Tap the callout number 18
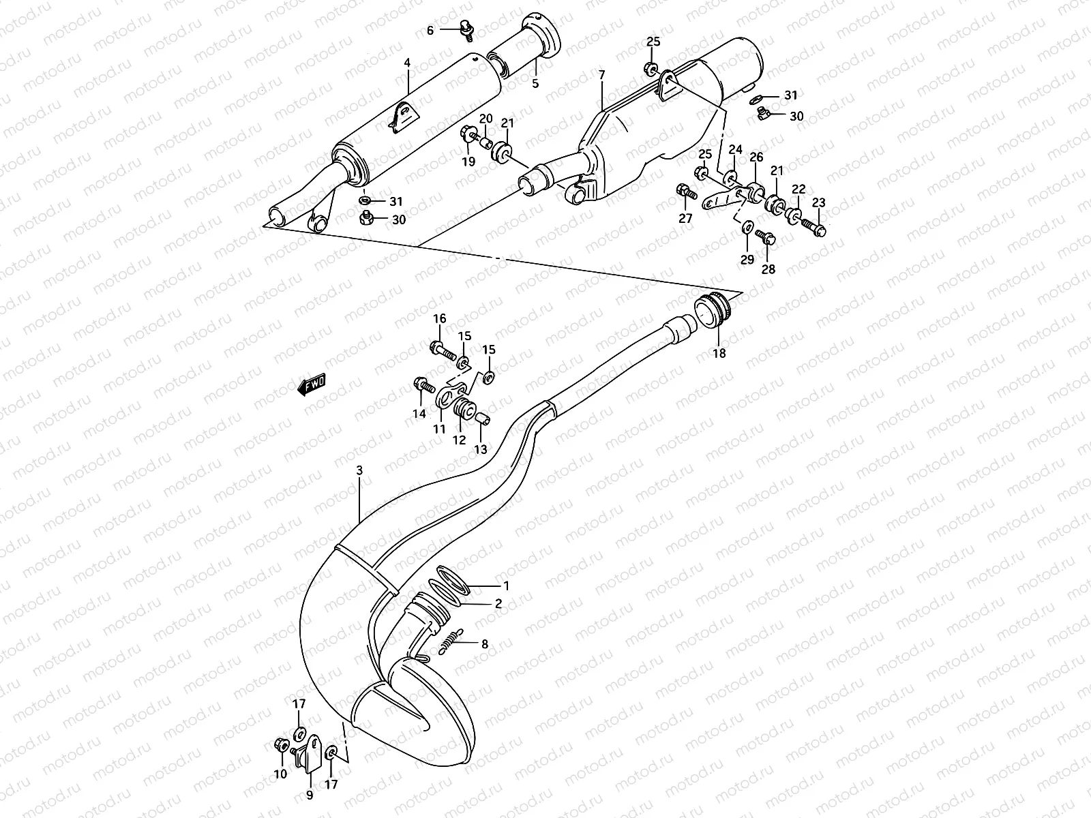click(719, 353)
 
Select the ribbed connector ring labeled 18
click(713, 309)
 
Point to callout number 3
click(359, 471)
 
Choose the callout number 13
click(481, 449)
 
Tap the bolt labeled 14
click(423, 387)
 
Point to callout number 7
click(601, 74)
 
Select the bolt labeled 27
click(685, 192)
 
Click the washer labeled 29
click(747, 227)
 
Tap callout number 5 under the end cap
click(535, 83)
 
